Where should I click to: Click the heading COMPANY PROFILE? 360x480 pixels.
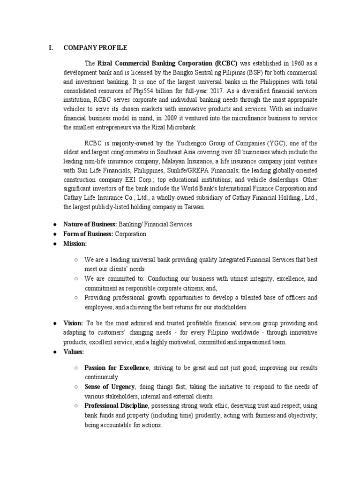(x=95, y=48)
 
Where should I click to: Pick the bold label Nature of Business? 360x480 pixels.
(x=90, y=225)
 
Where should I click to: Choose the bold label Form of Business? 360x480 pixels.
(x=88, y=234)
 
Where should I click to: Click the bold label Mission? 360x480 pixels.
(x=75, y=244)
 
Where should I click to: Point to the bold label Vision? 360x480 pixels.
(x=73, y=323)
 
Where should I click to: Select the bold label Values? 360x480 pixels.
(x=74, y=352)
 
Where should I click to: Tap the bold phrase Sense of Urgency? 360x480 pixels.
(x=110, y=387)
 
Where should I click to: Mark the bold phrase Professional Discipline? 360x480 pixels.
(x=116, y=405)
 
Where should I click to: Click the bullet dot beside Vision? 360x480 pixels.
(x=54, y=323)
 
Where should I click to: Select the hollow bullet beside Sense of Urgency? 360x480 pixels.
(x=76, y=387)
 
